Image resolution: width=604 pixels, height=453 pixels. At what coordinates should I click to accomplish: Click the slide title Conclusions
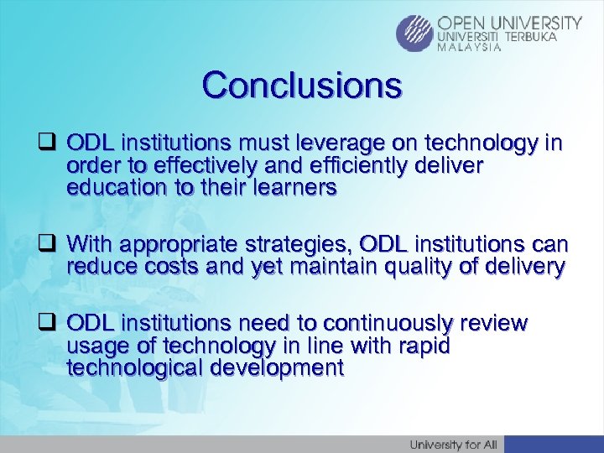pos(301,85)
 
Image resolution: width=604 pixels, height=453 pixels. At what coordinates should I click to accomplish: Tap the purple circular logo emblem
pos(415,34)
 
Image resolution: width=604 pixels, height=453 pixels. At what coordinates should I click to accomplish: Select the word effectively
pos(187,166)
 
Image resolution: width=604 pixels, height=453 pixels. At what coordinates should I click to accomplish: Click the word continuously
pos(388,324)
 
